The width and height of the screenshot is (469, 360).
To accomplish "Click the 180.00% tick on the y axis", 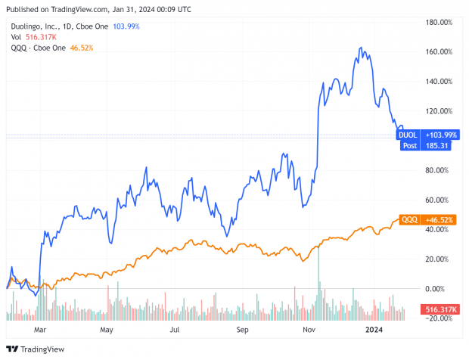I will coord(439,22).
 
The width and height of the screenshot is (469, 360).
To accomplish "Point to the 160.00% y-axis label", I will coord(439,51).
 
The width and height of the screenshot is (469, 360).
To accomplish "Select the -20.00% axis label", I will coord(439,318).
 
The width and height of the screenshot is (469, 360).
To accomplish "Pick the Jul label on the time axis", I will coord(175,331).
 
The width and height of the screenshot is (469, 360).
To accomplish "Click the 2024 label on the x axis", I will coord(376,331).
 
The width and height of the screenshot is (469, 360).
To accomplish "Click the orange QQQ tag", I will coord(409,219).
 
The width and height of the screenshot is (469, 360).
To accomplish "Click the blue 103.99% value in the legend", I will coord(126,26).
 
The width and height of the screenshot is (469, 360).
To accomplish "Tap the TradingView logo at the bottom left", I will coord(36,349).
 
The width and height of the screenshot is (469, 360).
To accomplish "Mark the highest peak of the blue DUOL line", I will coord(361,48).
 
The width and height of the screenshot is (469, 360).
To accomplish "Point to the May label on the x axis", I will coord(107,331).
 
